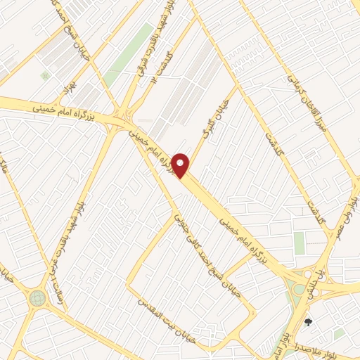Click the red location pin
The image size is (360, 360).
(x=181, y=166)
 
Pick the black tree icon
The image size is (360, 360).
(x=308, y=322)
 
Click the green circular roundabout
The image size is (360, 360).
(x=37, y=298)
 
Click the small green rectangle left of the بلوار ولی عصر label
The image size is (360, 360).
(x=300, y=243)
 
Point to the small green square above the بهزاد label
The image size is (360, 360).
(x=46, y=75)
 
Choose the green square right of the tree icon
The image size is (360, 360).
(x=340, y=332)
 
